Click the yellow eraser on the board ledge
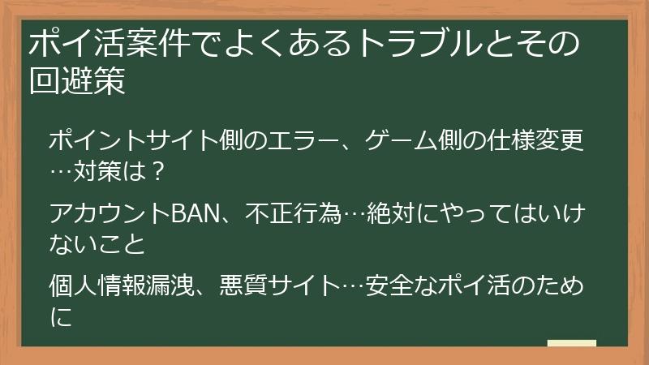572,344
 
